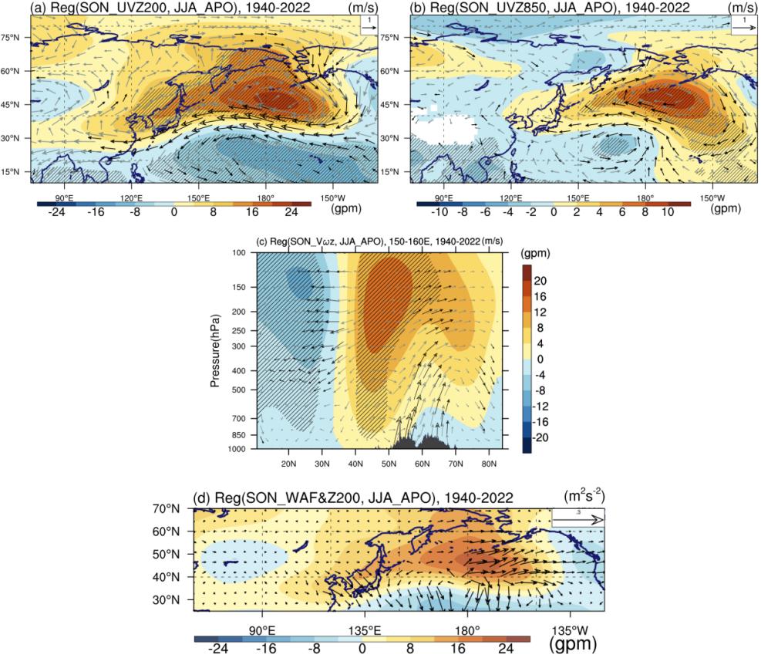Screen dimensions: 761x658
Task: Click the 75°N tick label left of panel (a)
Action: pos(11,37)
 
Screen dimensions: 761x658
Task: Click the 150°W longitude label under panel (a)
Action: pos(332,198)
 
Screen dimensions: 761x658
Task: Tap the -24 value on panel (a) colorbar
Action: pos(56,211)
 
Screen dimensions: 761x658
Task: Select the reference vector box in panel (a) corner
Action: pos(369,24)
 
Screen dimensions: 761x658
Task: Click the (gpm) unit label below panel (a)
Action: pos(346,208)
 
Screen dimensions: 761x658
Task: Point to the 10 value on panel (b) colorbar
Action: pos(668,211)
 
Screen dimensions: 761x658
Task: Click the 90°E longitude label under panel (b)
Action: pos(443,198)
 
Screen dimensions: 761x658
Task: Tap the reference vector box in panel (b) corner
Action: pos(744,24)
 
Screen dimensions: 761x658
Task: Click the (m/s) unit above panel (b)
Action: pos(742,7)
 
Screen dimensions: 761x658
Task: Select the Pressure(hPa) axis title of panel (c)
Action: pos(215,351)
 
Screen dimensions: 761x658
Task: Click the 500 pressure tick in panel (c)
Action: pos(239,390)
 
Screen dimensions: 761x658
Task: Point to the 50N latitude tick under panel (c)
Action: pos(389,464)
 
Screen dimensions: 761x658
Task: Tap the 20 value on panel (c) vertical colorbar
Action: pos(540,281)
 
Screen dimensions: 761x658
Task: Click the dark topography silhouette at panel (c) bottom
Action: pos(419,443)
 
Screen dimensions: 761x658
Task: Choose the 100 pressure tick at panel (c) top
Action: pos(239,252)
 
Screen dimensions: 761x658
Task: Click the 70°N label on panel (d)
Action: pos(166,509)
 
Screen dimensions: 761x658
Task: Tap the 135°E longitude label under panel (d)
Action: pos(365,631)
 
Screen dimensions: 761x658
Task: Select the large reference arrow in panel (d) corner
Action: pos(578,520)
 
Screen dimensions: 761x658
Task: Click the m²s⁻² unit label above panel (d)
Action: pos(584,496)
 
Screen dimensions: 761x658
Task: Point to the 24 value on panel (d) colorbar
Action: pos(506,648)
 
